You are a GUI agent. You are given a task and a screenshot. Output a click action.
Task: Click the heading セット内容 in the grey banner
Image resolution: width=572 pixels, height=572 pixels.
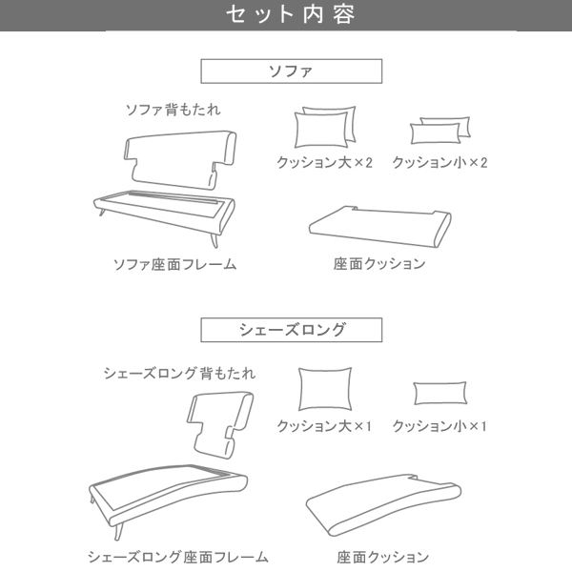coord(291,14)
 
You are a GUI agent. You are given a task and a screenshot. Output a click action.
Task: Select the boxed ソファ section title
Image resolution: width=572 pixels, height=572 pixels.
coord(291,71)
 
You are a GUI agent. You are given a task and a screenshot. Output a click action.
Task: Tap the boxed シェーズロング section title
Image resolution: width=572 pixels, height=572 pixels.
coord(291,330)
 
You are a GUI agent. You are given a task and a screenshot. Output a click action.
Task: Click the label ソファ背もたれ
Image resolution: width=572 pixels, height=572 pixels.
coord(173,110)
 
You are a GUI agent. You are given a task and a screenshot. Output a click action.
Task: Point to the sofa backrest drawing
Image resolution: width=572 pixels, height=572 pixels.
coord(180,160)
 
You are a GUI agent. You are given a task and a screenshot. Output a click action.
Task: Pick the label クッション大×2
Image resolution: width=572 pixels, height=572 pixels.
coord(324,162)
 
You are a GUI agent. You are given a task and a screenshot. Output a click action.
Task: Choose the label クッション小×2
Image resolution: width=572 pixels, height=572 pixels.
coord(439,162)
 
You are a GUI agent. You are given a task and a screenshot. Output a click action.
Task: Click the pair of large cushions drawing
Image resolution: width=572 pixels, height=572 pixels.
coord(325,127)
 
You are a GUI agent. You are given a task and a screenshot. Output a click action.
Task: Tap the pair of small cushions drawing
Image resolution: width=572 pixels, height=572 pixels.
coord(439,131)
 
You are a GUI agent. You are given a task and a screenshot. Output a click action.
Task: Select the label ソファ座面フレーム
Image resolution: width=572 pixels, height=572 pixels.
coord(174,264)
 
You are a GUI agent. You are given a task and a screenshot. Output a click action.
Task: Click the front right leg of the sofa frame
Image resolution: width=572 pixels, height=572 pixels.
coord(214,240)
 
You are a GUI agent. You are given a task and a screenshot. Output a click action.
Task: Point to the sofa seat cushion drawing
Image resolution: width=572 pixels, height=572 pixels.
coord(380,226)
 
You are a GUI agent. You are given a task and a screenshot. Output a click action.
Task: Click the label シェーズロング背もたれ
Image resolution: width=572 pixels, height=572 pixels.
coord(179,373)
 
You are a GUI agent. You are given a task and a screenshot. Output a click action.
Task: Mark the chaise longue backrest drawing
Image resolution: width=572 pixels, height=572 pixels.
coord(220,424)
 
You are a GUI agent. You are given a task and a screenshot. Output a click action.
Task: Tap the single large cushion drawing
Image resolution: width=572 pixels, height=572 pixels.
coord(325,389)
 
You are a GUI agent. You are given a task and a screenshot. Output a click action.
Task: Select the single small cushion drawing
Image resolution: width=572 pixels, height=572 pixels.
coord(439,393)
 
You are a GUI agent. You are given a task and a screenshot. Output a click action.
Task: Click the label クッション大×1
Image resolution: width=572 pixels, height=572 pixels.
coord(324,426)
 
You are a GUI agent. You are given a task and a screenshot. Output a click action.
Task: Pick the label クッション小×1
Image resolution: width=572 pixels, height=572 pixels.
coord(439,426)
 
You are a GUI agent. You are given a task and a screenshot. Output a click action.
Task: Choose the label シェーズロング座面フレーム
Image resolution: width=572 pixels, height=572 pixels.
coord(178,557)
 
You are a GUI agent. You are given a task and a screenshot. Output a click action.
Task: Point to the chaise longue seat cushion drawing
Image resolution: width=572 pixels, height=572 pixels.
coord(383,505)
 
